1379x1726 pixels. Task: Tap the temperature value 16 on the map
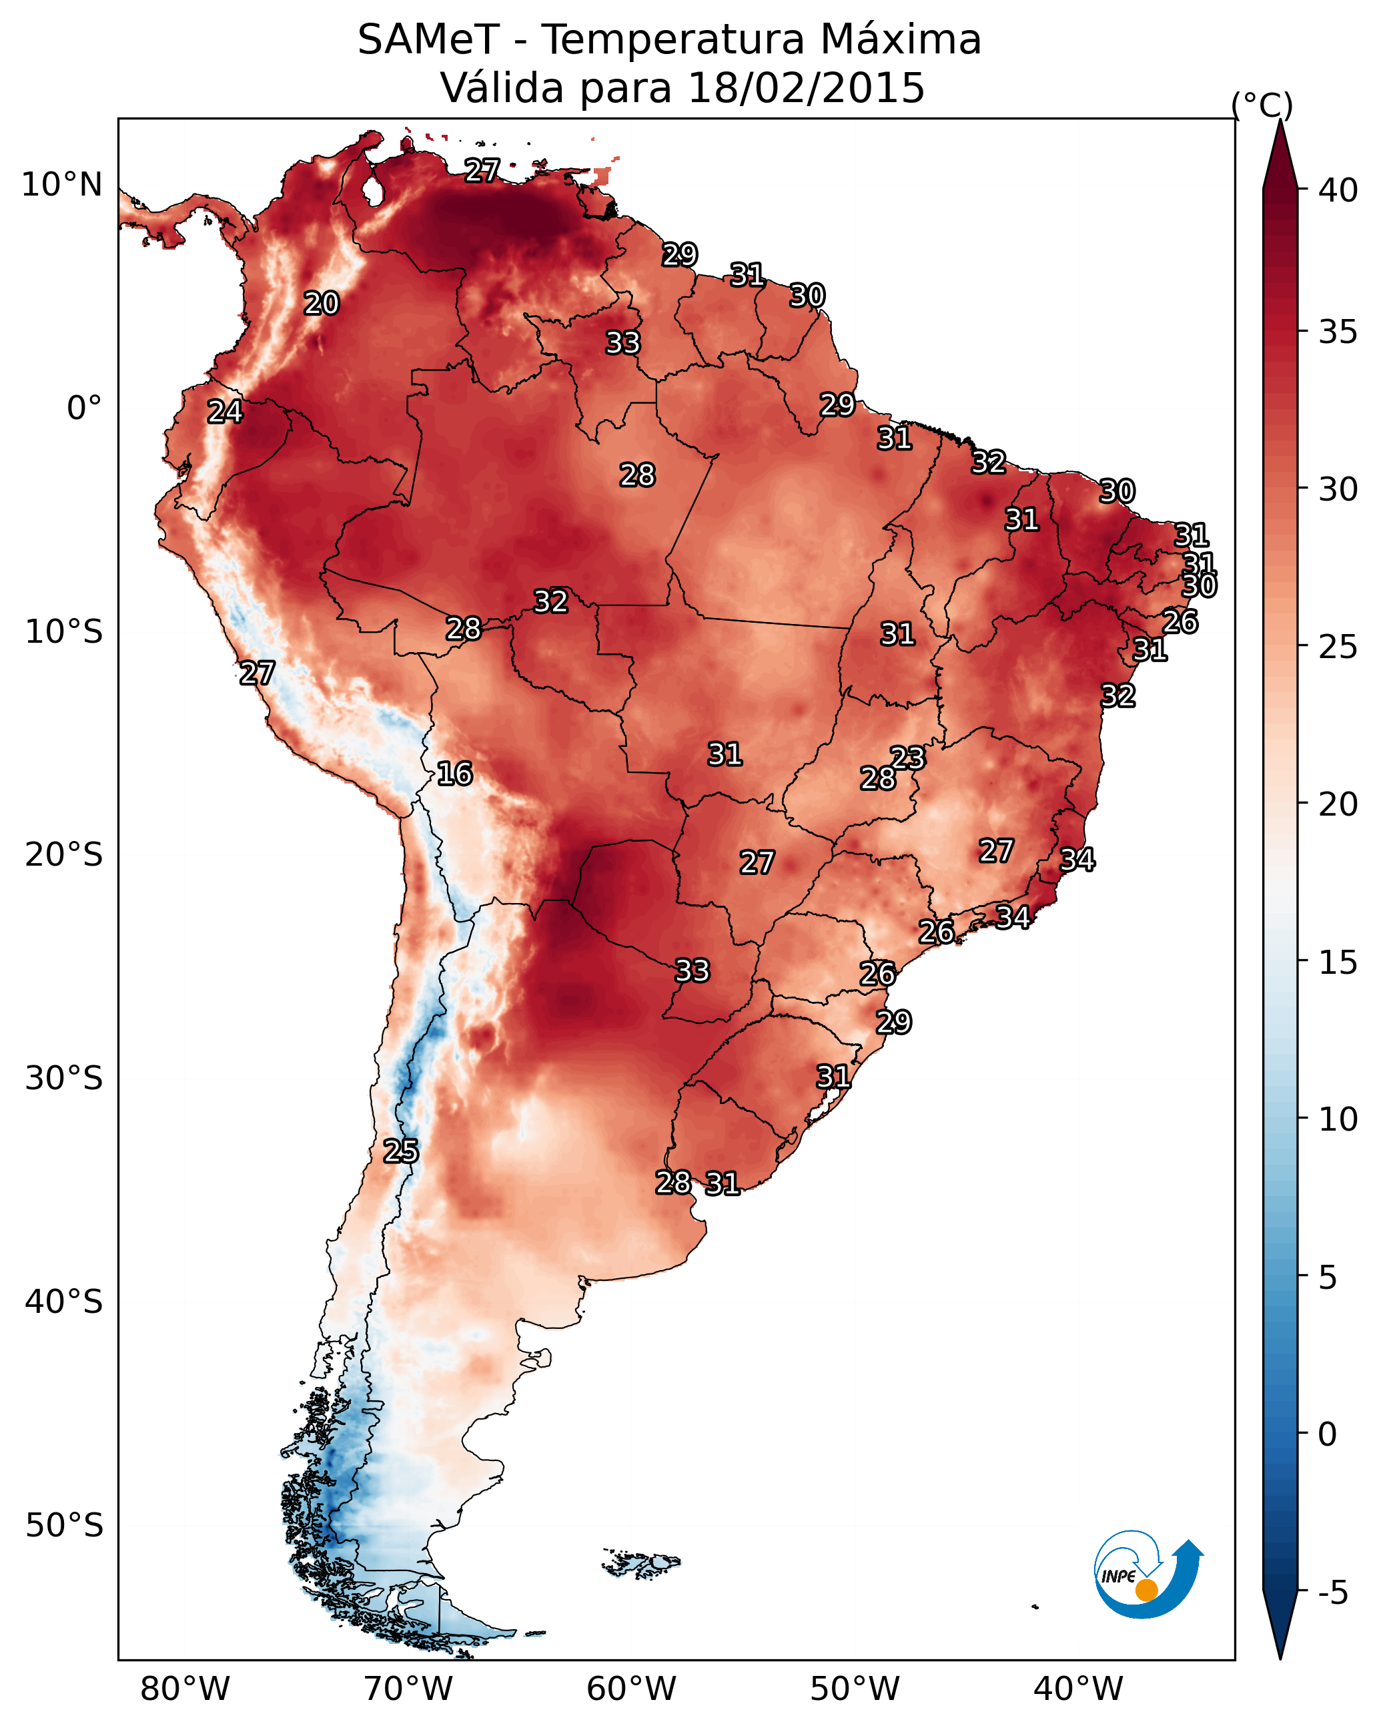(454, 774)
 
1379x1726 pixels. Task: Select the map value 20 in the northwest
(322, 304)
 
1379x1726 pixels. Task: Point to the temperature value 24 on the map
(225, 412)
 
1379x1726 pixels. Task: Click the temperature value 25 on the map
(400, 1151)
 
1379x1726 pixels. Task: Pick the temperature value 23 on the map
(907, 758)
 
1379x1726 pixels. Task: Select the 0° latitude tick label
(84, 408)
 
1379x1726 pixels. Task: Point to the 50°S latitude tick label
(64, 1526)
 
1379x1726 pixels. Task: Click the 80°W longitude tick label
(185, 1689)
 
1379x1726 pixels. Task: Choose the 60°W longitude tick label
(632, 1689)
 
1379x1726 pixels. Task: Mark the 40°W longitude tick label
(1078, 1689)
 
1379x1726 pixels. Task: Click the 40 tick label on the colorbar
(1338, 190)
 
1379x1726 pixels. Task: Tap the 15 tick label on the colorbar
(1338, 962)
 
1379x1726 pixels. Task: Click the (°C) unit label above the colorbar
(1262, 105)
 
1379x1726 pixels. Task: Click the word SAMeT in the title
(429, 40)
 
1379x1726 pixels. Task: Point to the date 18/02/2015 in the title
(806, 88)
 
